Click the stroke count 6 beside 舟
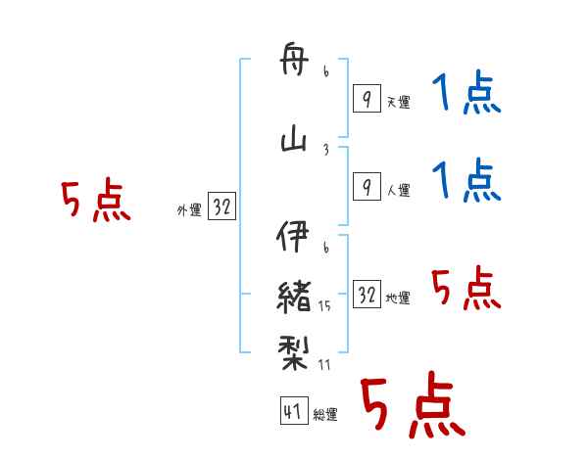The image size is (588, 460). (x=325, y=71)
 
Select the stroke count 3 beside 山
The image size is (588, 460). (x=325, y=149)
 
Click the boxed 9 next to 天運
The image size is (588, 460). (x=367, y=98)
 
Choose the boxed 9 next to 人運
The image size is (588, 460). (x=367, y=186)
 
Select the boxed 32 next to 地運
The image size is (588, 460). (x=367, y=294)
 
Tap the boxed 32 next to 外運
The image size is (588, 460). (x=221, y=207)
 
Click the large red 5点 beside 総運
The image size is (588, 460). (x=412, y=406)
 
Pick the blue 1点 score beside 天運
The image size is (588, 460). (x=465, y=95)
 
